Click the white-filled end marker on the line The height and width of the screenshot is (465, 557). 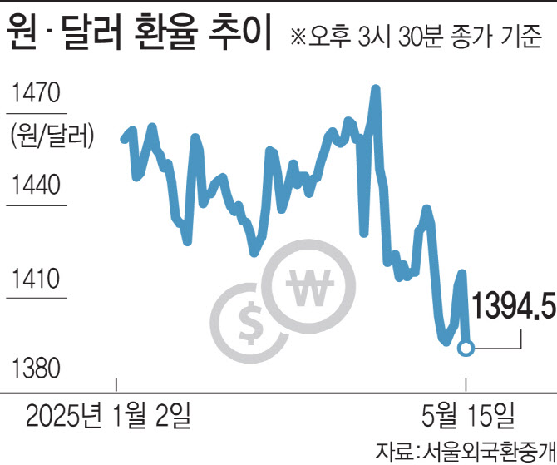click(466, 348)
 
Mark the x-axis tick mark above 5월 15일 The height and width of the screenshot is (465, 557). click(466, 383)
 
